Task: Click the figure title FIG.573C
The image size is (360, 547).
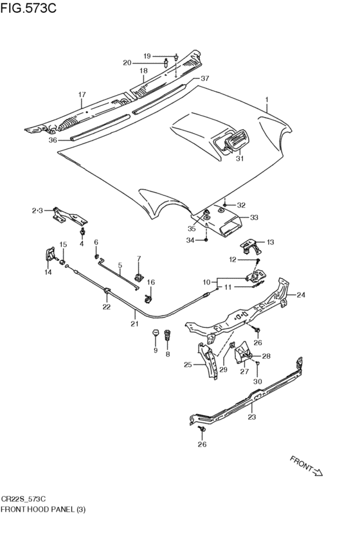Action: (28, 8)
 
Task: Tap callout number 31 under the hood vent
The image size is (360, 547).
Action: (239, 158)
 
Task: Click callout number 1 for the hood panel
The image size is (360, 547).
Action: (267, 100)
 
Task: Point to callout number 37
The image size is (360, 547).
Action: (204, 78)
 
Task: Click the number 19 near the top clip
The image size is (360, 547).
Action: (147, 56)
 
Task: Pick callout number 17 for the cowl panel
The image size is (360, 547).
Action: (82, 94)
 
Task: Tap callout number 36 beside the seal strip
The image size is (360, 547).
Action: (53, 140)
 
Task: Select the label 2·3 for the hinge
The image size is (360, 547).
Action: (37, 211)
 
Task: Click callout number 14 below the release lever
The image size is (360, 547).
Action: (48, 272)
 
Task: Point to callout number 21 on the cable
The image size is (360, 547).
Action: (134, 324)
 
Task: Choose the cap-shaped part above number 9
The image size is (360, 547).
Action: (156, 332)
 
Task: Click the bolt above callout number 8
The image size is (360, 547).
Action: (168, 336)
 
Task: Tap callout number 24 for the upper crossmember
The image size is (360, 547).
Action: (301, 295)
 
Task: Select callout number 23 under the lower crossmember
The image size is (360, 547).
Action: (252, 417)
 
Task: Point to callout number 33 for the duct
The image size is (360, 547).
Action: (254, 217)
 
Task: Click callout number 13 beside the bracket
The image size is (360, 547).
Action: (271, 242)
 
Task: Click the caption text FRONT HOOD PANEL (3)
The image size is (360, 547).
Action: (43, 509)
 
